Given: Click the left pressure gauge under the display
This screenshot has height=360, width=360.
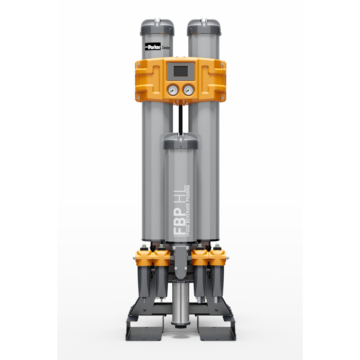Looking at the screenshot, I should click(171, 90).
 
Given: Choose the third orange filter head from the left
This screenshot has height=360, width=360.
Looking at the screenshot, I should click(200, 255).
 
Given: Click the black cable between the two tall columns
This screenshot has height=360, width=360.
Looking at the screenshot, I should click(180, 118).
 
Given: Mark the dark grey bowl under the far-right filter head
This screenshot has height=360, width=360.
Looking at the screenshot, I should click(217, 283).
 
